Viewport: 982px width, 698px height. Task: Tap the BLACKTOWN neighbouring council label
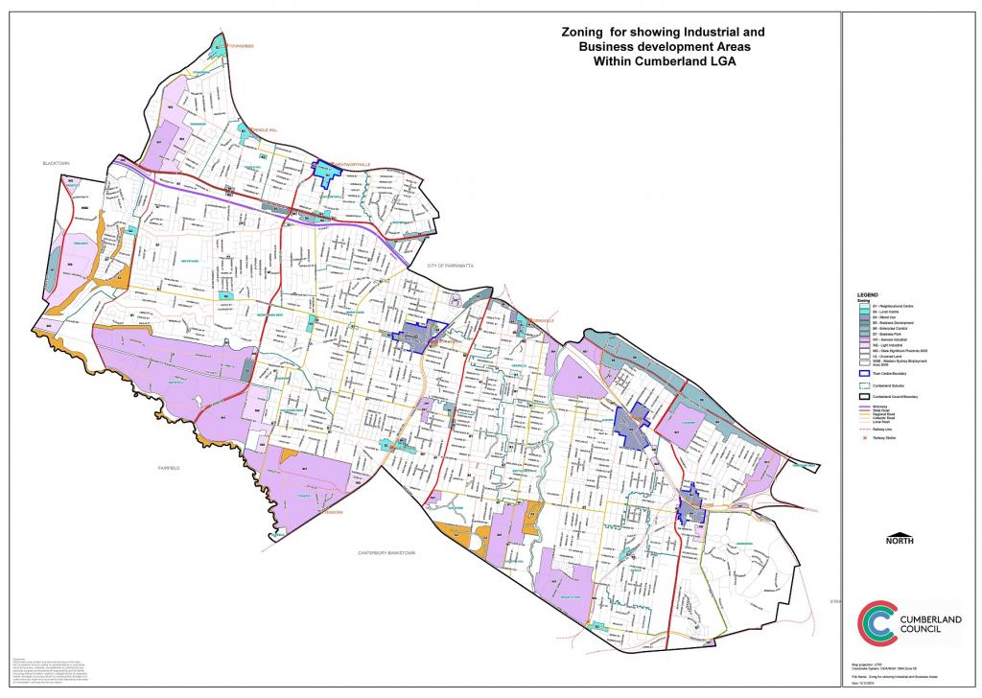click(57, 164)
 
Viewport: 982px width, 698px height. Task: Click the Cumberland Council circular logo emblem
click(877, 622)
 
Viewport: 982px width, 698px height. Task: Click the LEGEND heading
click(867, 294)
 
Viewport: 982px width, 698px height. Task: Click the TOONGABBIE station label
click(233, 44)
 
